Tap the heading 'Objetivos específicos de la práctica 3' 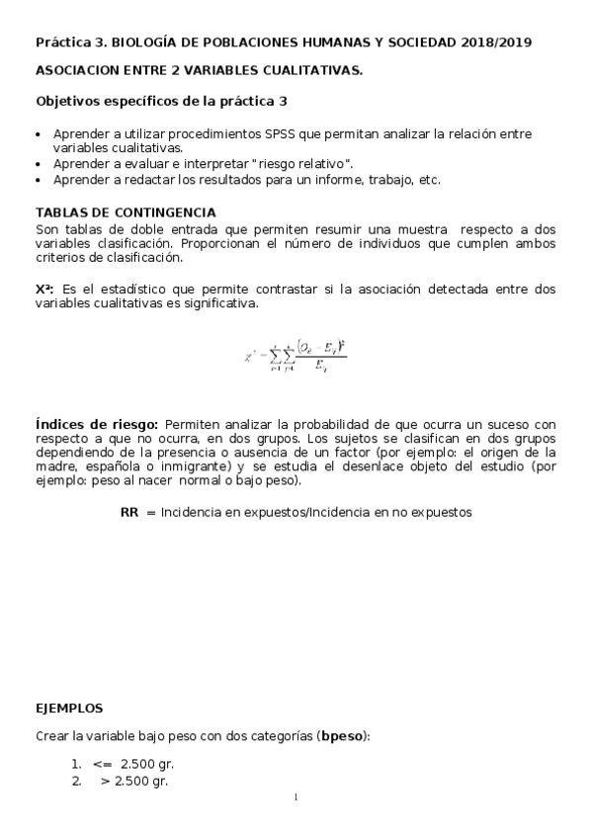tap(162, 101)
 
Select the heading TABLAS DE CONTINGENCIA tap(126, 213)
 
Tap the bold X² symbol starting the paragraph tap(43, 289)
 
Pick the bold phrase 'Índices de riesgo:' tap(97, 424)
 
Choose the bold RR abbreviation tap(129, 513)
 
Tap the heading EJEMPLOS tap(68, 710)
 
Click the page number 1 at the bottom tap(295, 797)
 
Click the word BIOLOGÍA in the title tap(148, 42)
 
